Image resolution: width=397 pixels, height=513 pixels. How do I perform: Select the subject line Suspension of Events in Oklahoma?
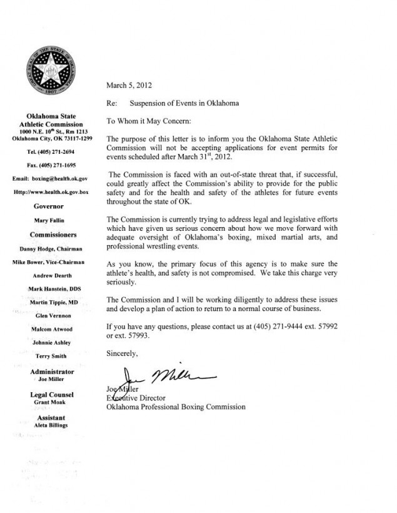tap(184, 103)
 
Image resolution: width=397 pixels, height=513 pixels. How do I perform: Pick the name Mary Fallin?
tap(52, 220)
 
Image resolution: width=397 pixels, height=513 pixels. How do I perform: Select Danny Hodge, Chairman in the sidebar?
tap(52, 249)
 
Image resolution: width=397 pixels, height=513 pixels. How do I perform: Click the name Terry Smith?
tap(52, 356)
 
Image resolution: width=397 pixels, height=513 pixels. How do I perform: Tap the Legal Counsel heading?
tap(52, 395)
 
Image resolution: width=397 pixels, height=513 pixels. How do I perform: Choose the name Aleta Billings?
tap(52, 425)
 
